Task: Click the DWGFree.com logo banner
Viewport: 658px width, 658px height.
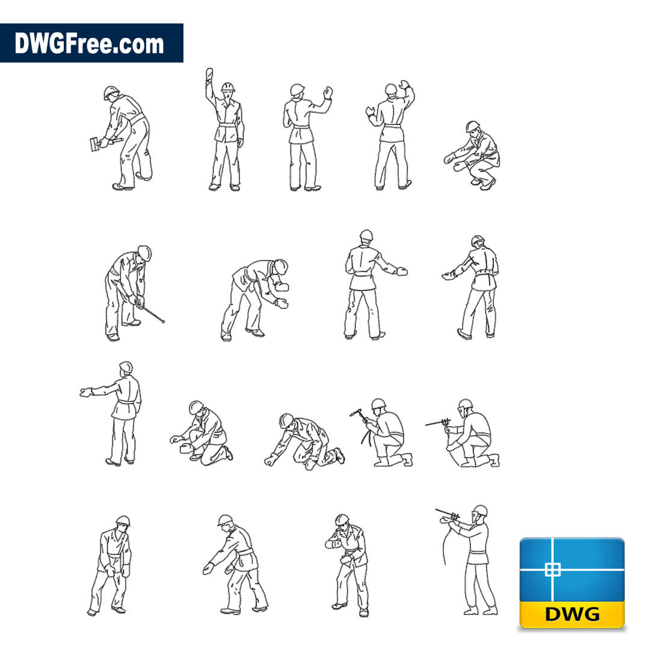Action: point(91,43)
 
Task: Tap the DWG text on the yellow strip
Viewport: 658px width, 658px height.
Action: point(572,614)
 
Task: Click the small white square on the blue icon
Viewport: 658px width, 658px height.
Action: point(552,570)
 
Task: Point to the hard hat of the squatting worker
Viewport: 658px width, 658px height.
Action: point(472,126)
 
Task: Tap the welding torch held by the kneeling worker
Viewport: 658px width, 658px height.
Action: point(357,414)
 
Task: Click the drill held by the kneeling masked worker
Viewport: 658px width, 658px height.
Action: point(438,423)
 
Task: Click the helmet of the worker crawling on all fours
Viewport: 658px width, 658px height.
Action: point(285,420)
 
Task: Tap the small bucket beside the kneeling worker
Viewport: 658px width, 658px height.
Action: point(185,449)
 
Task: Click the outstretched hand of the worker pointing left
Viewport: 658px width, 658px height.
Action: point(85,392)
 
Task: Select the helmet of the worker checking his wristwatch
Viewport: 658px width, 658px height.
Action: point(342,520)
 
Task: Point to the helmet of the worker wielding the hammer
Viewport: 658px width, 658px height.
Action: point(111,92)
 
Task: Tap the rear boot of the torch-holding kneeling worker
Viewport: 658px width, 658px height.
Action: point(407,459)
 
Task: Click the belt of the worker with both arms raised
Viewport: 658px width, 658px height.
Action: point(393,126)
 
